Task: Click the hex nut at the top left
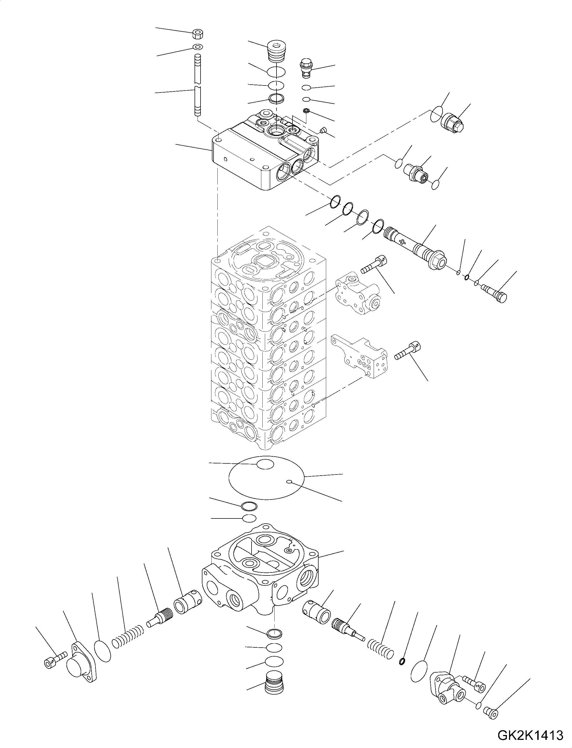(x=198, y=34)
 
